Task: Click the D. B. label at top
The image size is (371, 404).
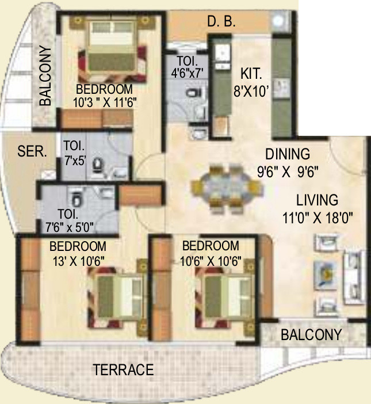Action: [x=221, y=23]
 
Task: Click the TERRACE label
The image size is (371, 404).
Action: [x=124, y=369]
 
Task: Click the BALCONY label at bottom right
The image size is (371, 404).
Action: [x=311, y=335]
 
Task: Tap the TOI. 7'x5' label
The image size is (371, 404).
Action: [x=74, y=153]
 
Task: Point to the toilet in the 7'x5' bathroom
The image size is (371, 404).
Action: [x=98, y=166]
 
